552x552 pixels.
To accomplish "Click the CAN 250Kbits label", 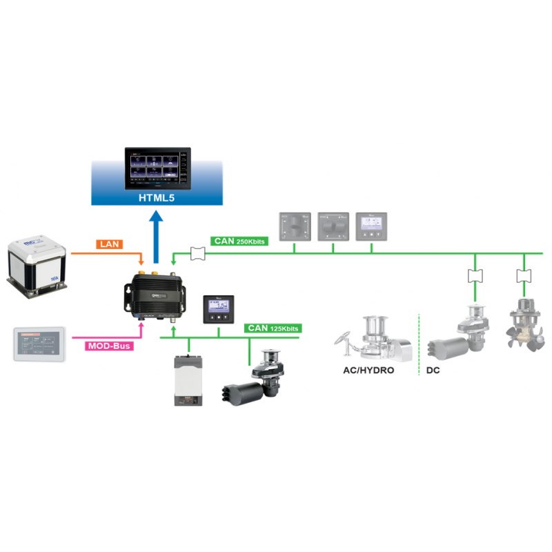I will (239, 241).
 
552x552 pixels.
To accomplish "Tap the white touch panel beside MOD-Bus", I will (39, 343).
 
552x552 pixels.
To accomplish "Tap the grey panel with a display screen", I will (370, 226).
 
